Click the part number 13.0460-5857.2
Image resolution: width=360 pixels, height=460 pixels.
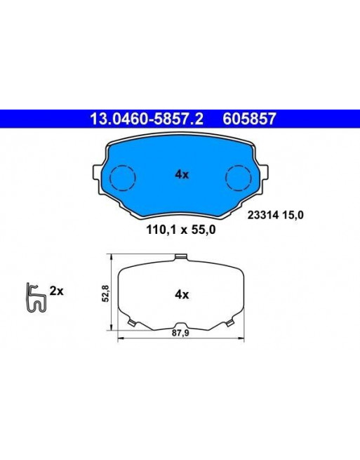(146, 119)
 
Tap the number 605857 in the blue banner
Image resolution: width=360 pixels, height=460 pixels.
(250, 119)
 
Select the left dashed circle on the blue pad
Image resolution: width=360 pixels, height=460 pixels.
(123, 178)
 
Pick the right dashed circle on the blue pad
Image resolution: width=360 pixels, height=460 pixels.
(239, 178)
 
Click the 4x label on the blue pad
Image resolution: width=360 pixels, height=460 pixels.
(182, 175)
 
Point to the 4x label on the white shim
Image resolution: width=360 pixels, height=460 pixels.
(182, 294)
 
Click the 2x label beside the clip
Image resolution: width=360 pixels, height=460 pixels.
(56, 291)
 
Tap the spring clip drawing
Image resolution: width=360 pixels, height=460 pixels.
(35, 298)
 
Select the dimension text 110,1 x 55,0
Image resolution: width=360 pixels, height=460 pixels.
(181, 230)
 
